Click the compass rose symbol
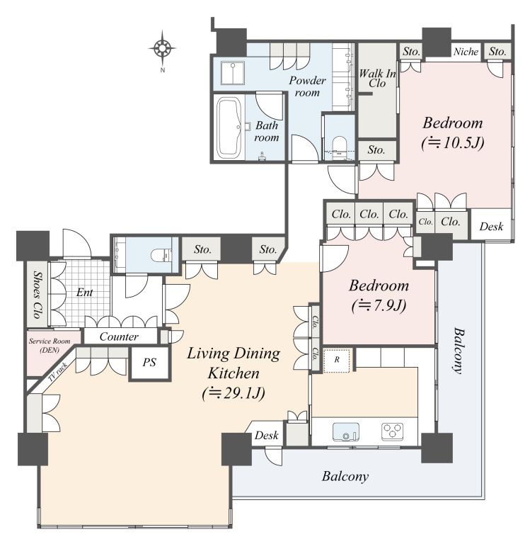point(162,48)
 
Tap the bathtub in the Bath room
point(229,127)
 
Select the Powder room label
point(307,86)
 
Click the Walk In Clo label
point(377,78)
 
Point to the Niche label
point(466,52)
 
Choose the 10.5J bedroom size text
point(453,143)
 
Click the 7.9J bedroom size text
point(379,306)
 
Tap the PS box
point(149,363)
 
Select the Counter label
point(119,336)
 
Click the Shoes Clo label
point(37,295)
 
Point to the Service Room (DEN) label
point(50,346)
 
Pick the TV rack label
point(57,373)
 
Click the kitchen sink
point(346,432)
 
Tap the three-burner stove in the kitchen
point(393,431)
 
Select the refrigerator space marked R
point(337,361)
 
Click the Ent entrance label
point(85,293)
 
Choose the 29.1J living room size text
point(234,394)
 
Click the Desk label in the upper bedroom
point(491,227)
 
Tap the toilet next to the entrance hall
point(161,255)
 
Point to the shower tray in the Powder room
point(233,73)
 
